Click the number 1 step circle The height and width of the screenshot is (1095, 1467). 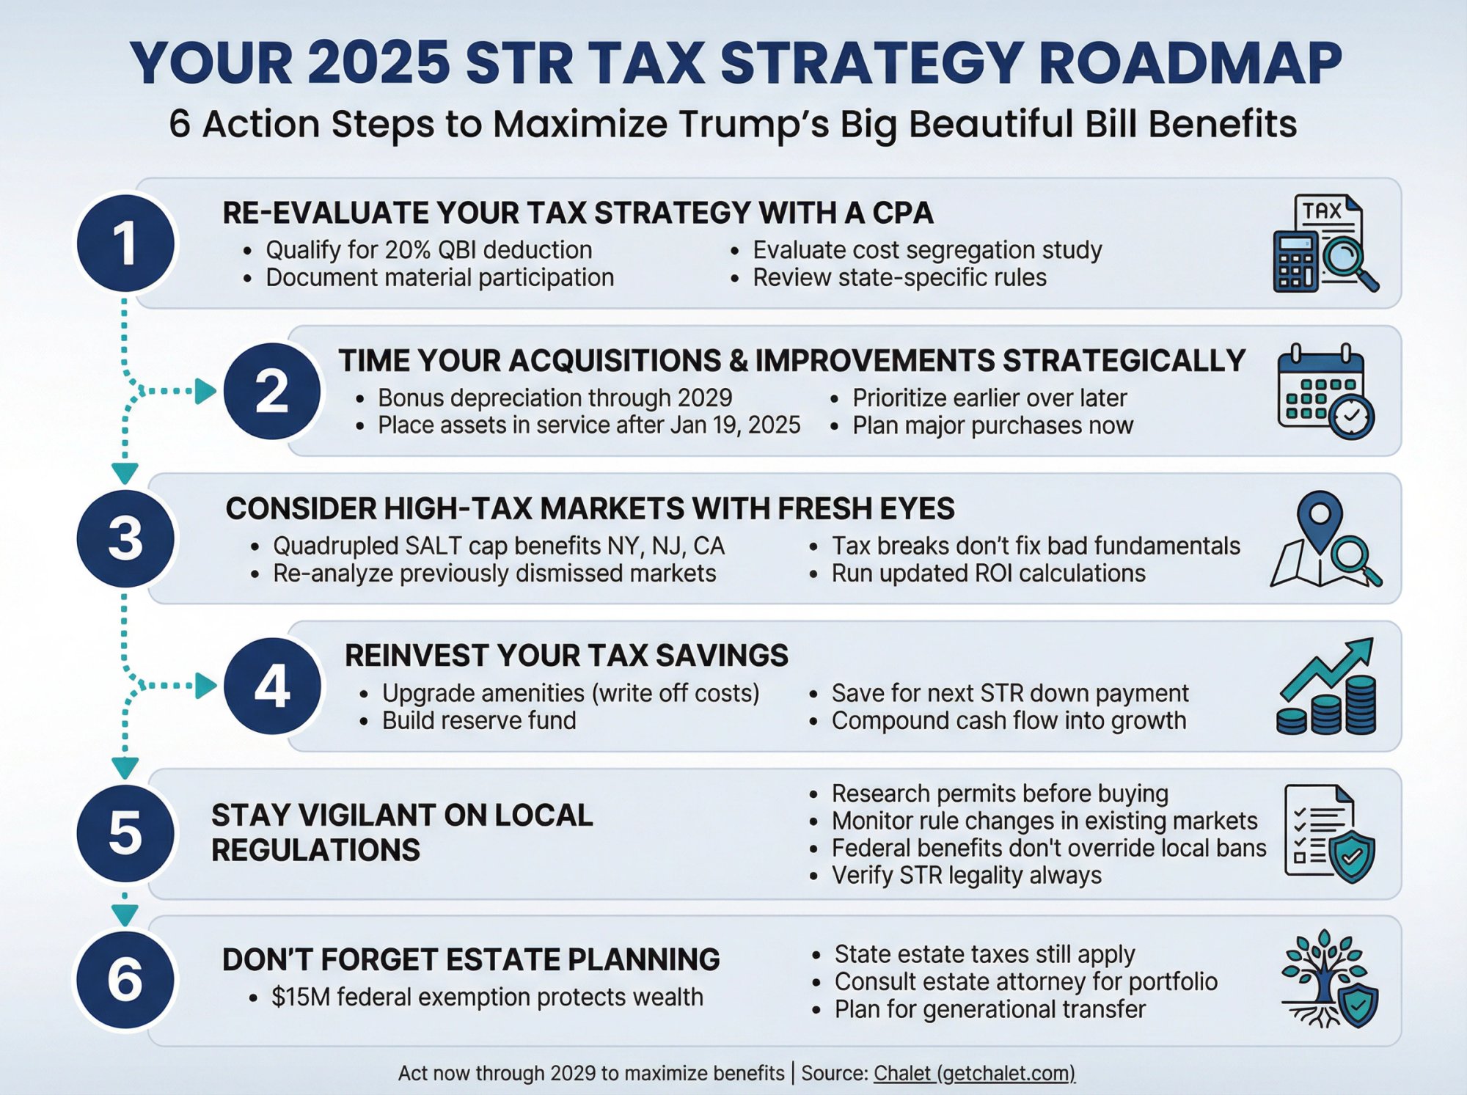[125, 243]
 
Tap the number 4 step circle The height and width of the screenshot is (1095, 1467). [272, 686]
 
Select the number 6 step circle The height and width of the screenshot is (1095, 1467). [125, 980]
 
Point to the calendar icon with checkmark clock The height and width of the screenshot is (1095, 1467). [1325, 392]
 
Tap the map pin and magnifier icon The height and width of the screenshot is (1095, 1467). [1325, 539]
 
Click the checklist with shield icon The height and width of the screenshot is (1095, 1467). [1328, 833]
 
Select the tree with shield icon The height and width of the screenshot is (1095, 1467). [1328, 980]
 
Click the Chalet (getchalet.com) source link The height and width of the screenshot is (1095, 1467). [974, 1073]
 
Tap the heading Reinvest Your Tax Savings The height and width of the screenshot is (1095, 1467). [566, 656]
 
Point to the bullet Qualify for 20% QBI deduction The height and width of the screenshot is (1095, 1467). [428, 250]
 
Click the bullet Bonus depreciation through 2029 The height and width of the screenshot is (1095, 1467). [555, 398]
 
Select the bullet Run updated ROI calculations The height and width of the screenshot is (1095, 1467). [988, 574]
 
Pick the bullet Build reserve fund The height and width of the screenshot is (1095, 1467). [479, 720]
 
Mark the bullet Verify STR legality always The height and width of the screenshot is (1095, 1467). [966, 875]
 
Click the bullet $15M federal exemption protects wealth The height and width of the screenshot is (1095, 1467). [487, 997]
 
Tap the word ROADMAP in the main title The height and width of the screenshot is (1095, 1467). [1190, 63]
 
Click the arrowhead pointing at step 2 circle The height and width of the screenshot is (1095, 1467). [206, 391]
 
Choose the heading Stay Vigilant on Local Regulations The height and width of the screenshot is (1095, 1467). [402, 832]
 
